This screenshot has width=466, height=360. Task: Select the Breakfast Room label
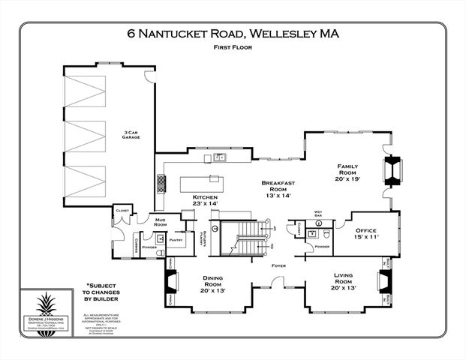[279, 189]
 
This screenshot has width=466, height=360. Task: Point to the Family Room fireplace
[392, 171]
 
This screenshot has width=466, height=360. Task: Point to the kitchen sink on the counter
[219, 157]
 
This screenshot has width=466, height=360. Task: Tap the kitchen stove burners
[161, 182]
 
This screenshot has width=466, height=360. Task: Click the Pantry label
[176, 240]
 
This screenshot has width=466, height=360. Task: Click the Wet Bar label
[317, 214]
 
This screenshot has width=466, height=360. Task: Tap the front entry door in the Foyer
[278, 283]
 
